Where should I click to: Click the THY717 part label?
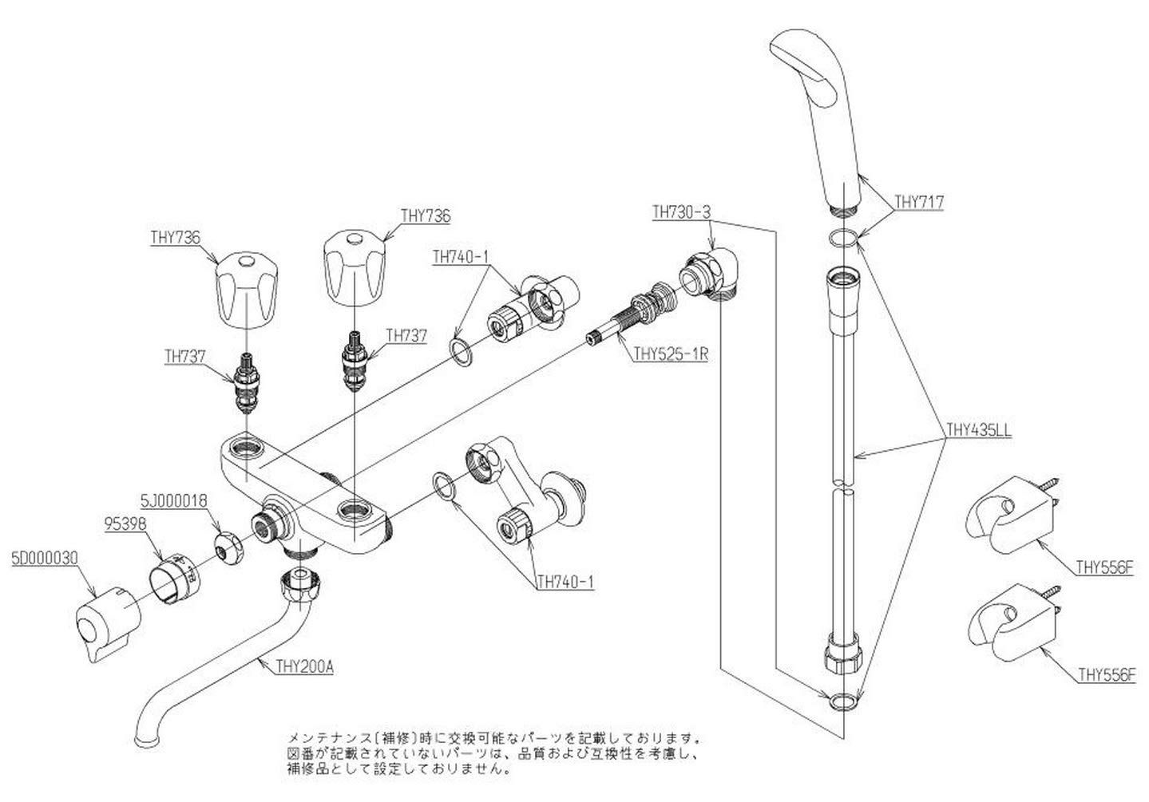(x=919, y=203)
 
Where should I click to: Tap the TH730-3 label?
(x=681, y=212)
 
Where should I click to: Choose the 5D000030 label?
(x=45, y=559)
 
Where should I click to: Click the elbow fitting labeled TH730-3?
(x=713, y=275)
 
